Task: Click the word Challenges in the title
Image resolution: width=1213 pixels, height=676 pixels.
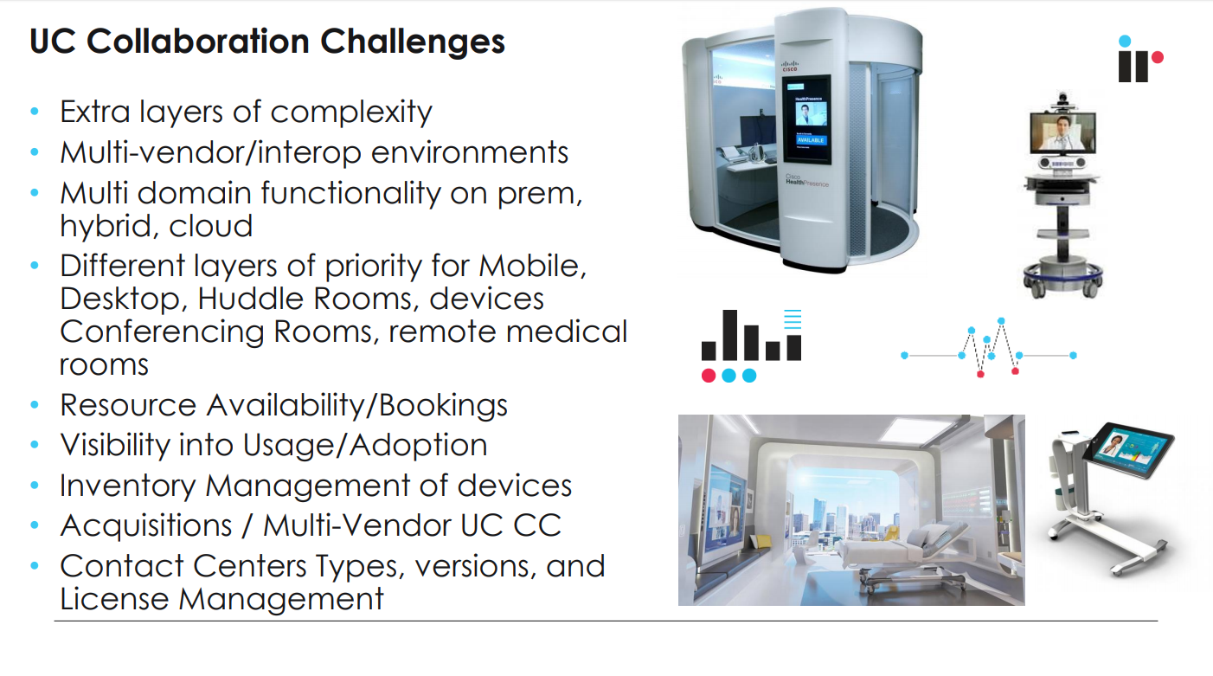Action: pyautogui.click(x=413, y=42)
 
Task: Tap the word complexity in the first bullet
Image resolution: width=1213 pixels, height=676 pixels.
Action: pyautogui.click(x=351, y=113)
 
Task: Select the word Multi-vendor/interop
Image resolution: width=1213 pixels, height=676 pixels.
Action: pyautogui.click(x=210, y=152)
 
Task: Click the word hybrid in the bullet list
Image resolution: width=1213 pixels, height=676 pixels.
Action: pyautogui.click(x=109, y=227)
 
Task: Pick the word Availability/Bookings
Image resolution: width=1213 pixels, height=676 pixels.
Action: pyautogui.click(x=357, y=405)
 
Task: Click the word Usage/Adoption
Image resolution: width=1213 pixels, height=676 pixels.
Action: pyautogui.click(x=365, y=445)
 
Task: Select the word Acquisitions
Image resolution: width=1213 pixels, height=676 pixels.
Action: pyautogui.click(x=146, y=525)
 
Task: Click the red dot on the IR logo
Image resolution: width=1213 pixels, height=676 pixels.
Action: pyautogui.click(x=1158, y=57)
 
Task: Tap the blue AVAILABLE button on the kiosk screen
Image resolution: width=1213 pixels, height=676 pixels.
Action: pyautogui.click(x=810, y=140)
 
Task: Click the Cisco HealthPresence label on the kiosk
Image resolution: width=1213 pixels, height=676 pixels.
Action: pyautogui.click(x=807, y=181)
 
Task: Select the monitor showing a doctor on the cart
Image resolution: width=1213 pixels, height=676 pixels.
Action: pyautogui.click(x=1062, y=132)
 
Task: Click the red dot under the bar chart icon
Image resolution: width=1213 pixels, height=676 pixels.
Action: pyautogui.click(x=709, y=376)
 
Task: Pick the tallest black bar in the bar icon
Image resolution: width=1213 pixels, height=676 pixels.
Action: pyautogui.click(x=729, y=335)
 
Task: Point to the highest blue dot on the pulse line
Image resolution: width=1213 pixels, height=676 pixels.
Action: pyautogui.click(x=1001, y=321)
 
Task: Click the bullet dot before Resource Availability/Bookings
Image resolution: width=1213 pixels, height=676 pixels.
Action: pyautogui.click(x=35, y=404)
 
